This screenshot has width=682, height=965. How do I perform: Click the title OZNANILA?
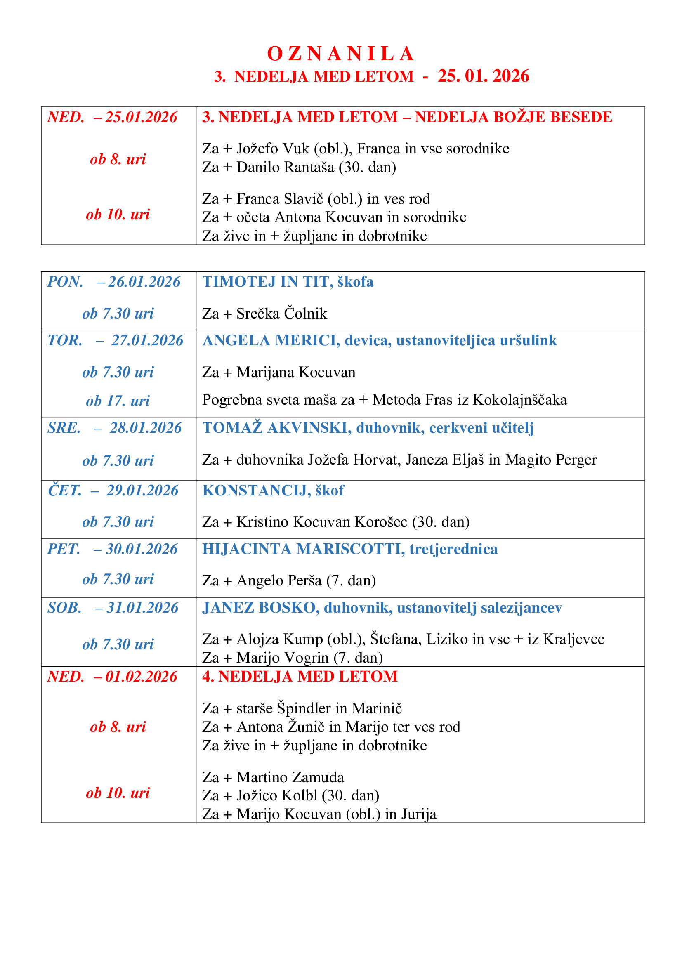341,54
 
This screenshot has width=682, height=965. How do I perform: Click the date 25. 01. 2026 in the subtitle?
483,76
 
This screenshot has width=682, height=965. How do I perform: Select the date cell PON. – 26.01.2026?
114,282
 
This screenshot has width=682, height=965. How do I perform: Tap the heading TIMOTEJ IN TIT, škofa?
288,282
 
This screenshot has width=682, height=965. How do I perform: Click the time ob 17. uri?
118,401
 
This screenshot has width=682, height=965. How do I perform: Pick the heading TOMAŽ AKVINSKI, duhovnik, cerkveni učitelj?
368,428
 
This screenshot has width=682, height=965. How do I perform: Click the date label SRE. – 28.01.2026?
114,428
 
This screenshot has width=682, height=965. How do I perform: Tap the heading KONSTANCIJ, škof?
273,491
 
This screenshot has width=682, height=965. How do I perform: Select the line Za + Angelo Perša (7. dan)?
289,580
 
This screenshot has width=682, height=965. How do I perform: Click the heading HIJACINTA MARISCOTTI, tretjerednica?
350,549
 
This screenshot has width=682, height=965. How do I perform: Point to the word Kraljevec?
573,639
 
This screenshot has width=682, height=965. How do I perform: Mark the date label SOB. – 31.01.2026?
113,608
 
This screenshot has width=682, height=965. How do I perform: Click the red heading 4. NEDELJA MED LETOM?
300,676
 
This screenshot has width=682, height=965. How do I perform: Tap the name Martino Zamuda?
290,777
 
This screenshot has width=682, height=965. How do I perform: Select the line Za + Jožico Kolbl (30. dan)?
291,795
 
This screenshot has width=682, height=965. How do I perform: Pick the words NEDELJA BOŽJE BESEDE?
514,117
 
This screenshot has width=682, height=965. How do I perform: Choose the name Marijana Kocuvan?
296,373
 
